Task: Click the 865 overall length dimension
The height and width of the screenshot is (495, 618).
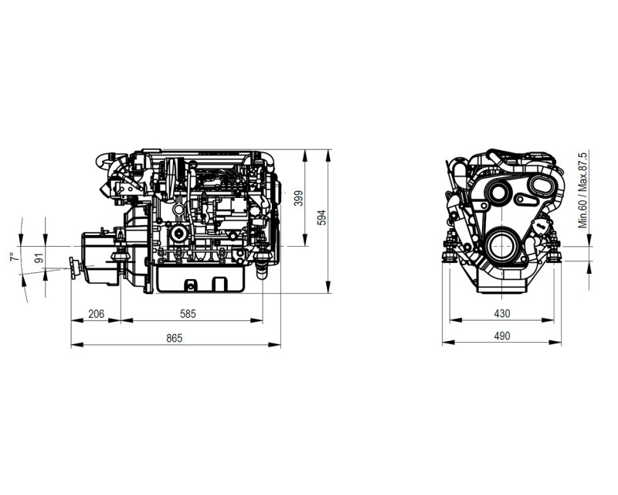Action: coord(175,338)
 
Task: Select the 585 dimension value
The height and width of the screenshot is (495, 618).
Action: coord(188,314)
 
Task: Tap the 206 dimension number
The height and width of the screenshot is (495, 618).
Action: coord(96,314)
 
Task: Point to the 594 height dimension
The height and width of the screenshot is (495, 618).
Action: coord(322,217)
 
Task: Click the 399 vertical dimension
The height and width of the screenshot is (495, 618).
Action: coord(299,198)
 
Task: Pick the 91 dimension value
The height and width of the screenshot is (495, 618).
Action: coord(39,258)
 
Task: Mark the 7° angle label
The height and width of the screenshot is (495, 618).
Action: coord(15,257)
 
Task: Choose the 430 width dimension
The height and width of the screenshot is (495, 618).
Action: coord(501,313)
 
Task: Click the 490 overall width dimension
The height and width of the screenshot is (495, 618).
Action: coord(501,336)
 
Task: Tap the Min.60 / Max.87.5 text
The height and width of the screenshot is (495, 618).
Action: coord(582,189)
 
